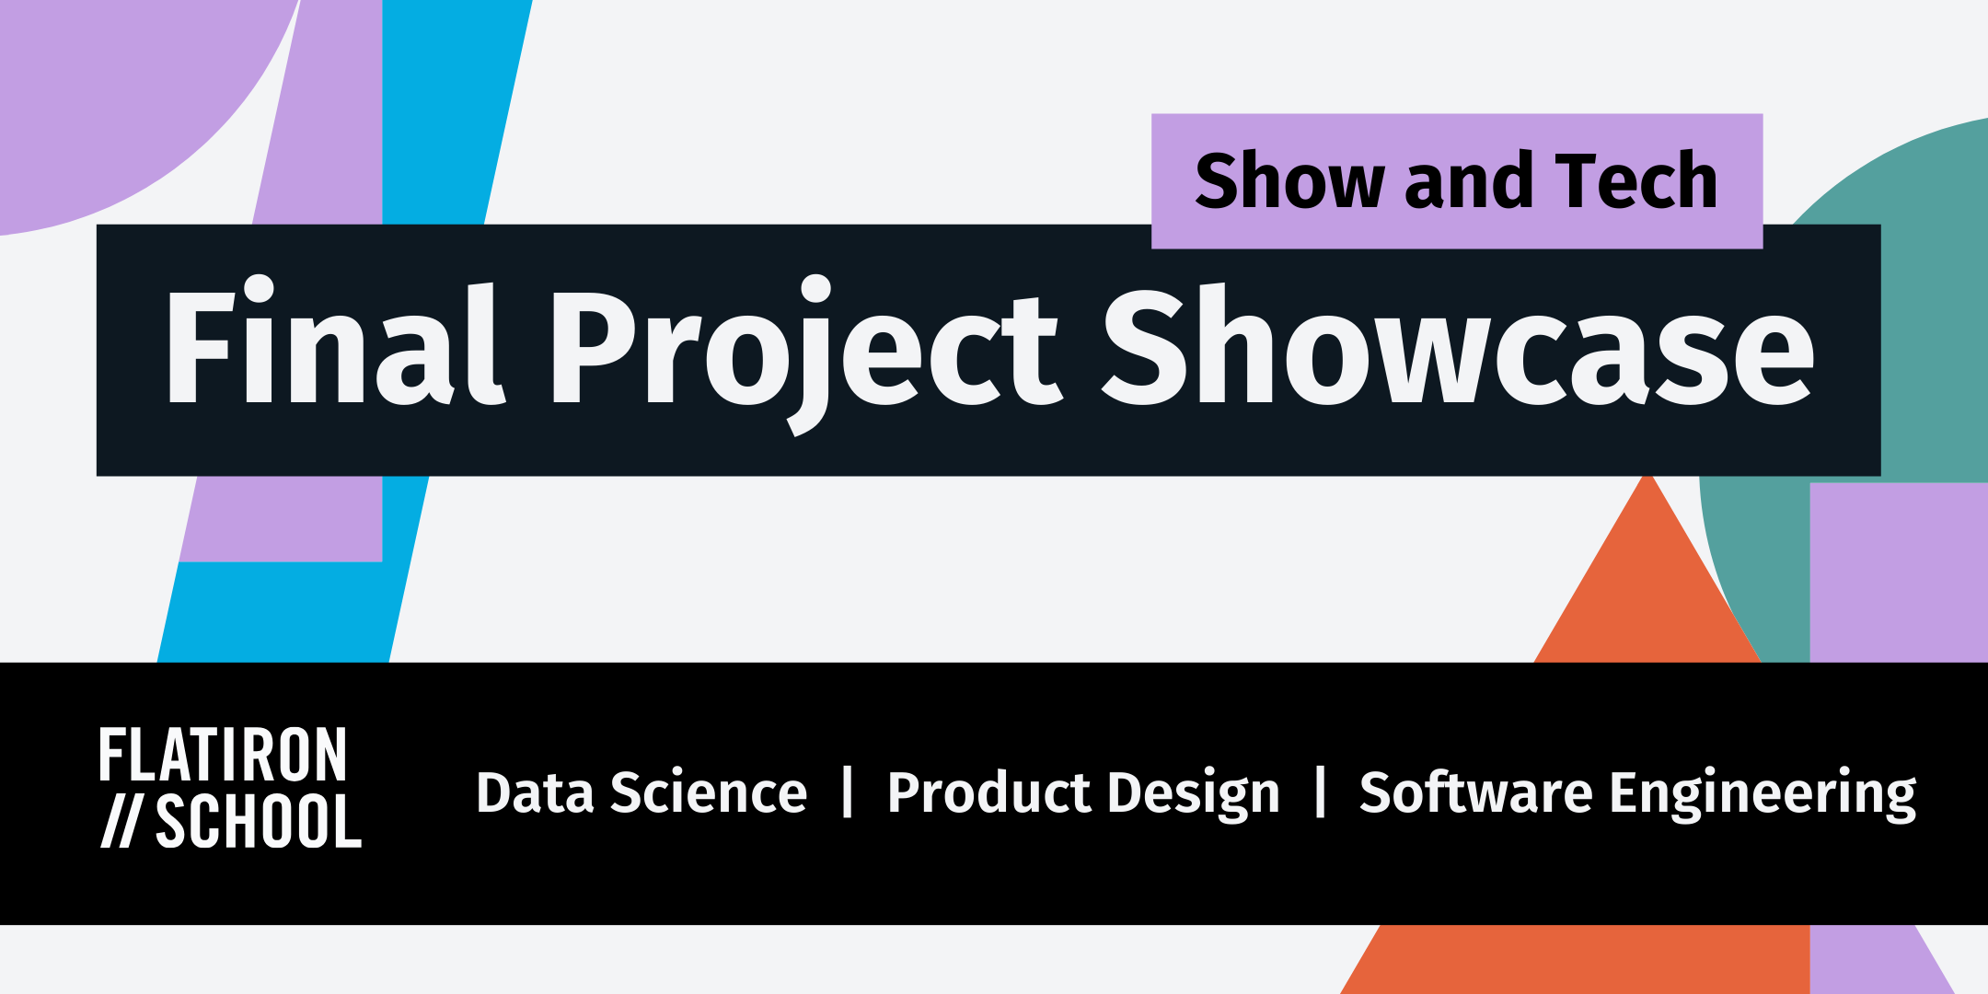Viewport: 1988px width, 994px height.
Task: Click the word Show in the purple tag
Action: pos(1289,181)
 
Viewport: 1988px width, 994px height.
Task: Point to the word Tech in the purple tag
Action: pos(1635,181)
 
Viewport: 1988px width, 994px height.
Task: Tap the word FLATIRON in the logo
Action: pos(224,756)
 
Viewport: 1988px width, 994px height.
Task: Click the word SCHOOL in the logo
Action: pos(259,821)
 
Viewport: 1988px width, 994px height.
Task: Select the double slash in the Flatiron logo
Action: pos(121,821)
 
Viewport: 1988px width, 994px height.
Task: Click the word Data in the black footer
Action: pos(535,792)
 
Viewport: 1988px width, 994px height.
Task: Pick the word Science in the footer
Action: pos(708,792)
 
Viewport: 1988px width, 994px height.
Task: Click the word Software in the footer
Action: pos(1475,792)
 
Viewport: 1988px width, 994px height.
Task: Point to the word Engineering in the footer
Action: pos(1762,794)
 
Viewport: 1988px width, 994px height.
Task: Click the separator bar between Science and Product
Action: pos(848,792)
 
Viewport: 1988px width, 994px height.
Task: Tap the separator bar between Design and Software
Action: pos(1321,792)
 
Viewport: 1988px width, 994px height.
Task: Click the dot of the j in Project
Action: pos(815,288)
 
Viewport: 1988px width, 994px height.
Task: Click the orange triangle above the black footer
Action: pos(1647,589)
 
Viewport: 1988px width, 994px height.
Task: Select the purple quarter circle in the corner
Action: pos(110,92)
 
